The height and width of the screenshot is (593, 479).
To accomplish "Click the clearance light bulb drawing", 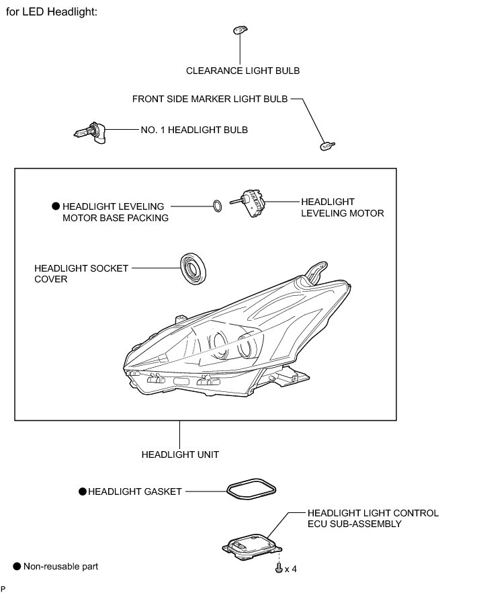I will (240, 30).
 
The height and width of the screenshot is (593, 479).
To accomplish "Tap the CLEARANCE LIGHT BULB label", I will (243, 71).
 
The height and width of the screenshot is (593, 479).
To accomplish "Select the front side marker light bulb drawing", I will (327, 145).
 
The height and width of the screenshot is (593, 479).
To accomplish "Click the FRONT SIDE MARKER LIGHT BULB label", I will (210, 99).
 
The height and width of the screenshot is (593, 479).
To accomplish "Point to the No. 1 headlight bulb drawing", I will (89, 132).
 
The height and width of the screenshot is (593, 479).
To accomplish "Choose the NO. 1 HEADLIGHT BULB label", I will (193, 129).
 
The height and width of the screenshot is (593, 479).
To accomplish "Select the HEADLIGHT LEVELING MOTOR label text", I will (342, 207).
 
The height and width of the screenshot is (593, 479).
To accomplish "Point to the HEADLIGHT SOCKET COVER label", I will (81, 273).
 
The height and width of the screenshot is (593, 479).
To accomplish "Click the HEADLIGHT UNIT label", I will (180, 454).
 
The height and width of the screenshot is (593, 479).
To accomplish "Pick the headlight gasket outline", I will (251, 490).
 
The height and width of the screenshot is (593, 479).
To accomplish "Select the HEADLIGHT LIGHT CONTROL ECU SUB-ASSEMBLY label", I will (373, 518).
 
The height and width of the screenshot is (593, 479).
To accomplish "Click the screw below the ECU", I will (277, 568).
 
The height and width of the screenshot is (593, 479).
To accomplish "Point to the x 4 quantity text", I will (290, 569).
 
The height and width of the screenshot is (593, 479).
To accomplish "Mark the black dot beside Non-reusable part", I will (17, 567).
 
